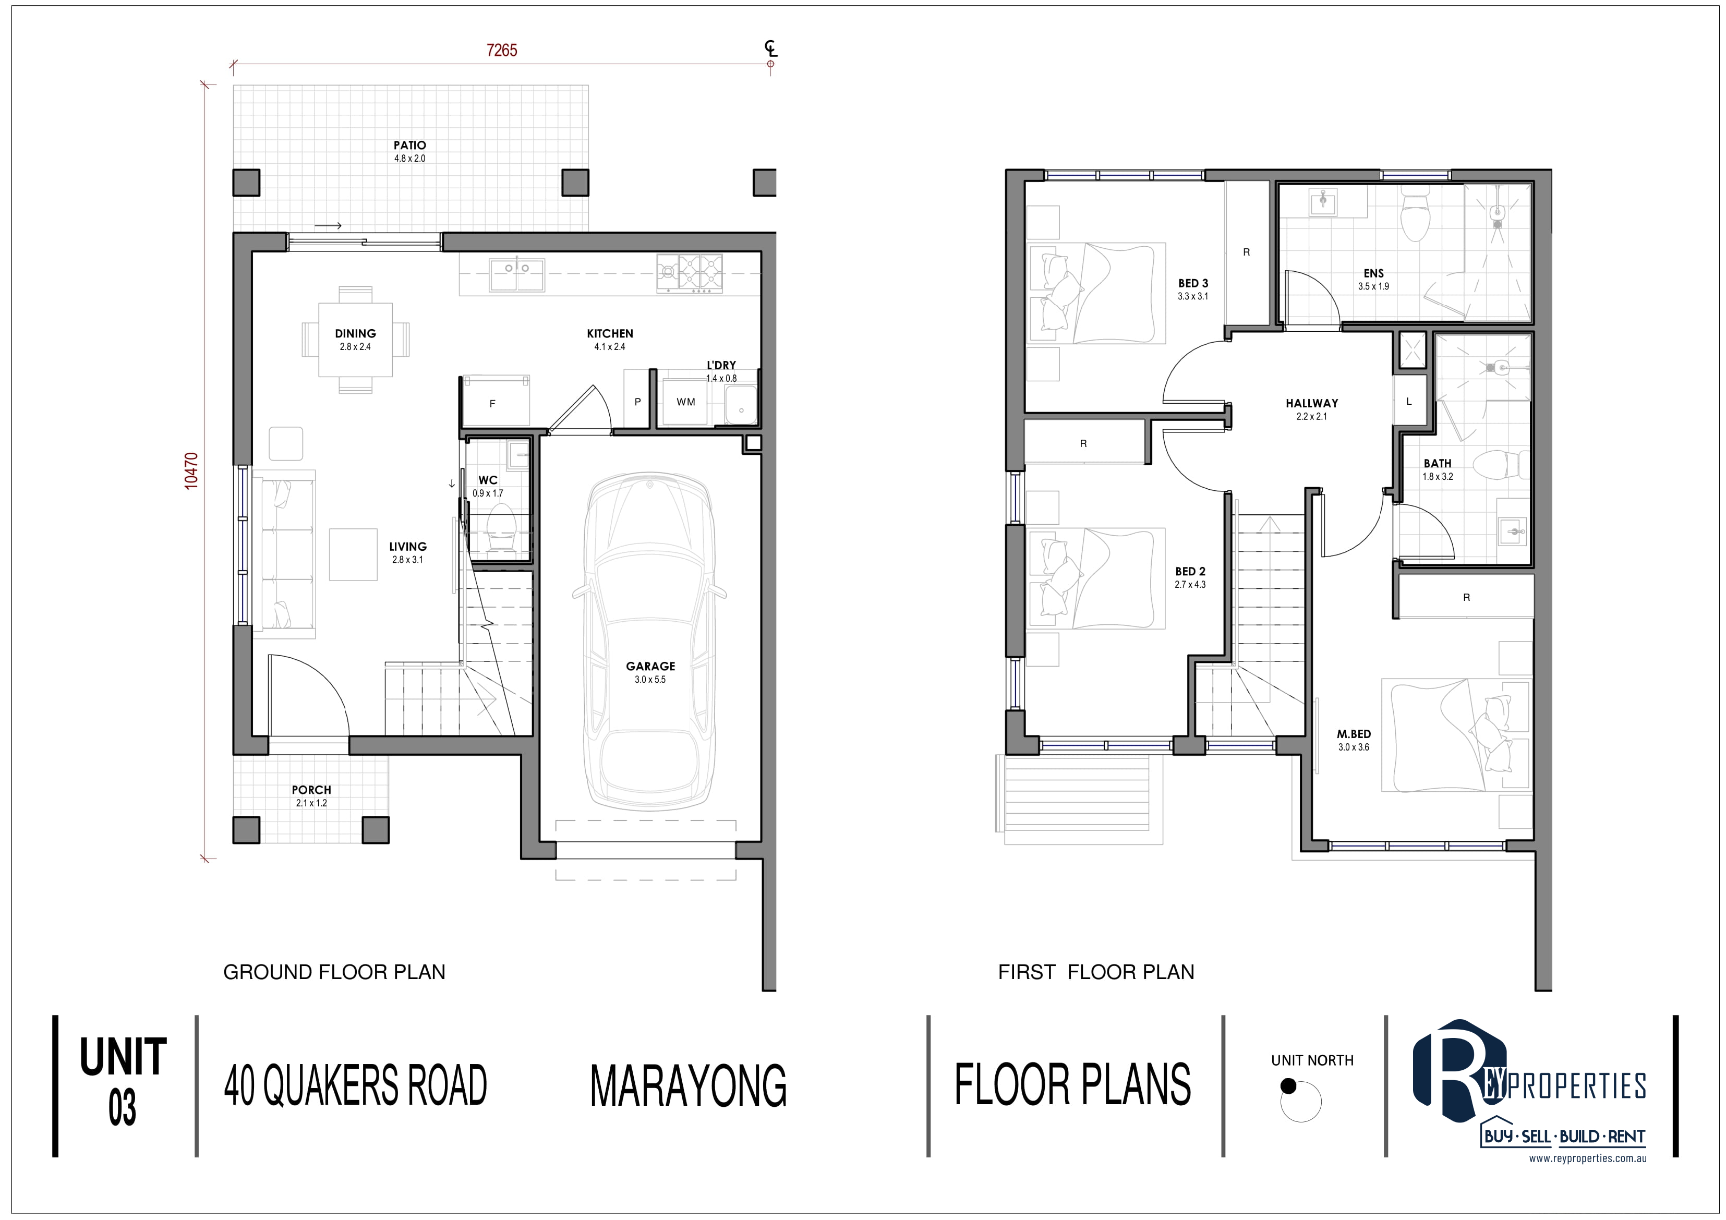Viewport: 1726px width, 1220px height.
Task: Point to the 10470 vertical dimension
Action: (x=192, y=470)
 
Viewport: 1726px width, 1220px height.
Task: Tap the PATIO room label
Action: (x=409, y=145)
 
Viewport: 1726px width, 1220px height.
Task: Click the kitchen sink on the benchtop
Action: (x=517, y=274)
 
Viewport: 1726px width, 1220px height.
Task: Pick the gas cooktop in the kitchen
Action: (x=690, y=273)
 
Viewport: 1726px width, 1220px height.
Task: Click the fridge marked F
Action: (x=494, y=401)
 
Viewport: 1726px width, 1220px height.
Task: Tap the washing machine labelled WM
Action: (x=685, y=403)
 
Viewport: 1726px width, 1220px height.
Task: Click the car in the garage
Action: (x=649, y=641)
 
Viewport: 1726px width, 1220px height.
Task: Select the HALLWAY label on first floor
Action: (x=1312, y=403)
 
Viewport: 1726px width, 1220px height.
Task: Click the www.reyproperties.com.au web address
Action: (x=1588, y=1158)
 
